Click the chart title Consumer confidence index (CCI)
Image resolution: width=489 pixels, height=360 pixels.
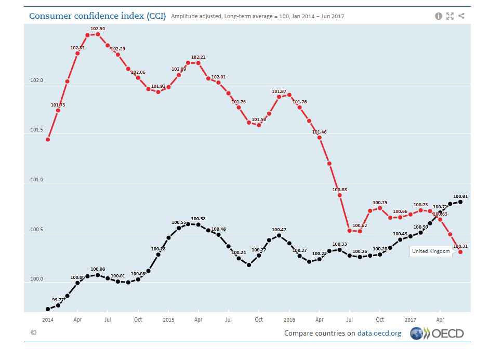[x=97, y=16]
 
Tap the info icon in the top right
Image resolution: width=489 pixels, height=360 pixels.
[x=439, y=16]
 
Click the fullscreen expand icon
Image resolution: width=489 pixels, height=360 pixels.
[x=450, y=16]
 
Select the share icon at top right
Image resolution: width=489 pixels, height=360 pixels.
[x=461, y=16]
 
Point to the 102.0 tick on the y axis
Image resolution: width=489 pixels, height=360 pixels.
[x=37, y=81]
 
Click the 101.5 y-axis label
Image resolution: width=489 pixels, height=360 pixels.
[x=37, y=130]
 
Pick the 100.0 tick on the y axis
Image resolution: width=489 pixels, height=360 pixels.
[x=37, y=279]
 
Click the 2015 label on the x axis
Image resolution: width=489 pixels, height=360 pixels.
[x=168, y=319]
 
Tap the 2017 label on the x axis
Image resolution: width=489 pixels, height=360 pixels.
[x=411, y=319]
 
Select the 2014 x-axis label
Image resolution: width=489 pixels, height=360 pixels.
[x=47, y=319]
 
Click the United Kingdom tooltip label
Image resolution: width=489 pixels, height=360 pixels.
[x=431, y=251]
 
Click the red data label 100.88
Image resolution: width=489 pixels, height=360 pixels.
[x=340, y=189]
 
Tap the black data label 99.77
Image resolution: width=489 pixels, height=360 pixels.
[x=58, y=300]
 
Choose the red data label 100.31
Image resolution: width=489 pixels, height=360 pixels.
[x=460, y=246]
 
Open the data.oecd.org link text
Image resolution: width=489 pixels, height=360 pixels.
[x=379, y=333]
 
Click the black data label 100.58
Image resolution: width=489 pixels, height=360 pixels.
[x=198, y=219]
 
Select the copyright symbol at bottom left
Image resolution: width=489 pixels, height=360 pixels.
[x=33, y=332]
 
